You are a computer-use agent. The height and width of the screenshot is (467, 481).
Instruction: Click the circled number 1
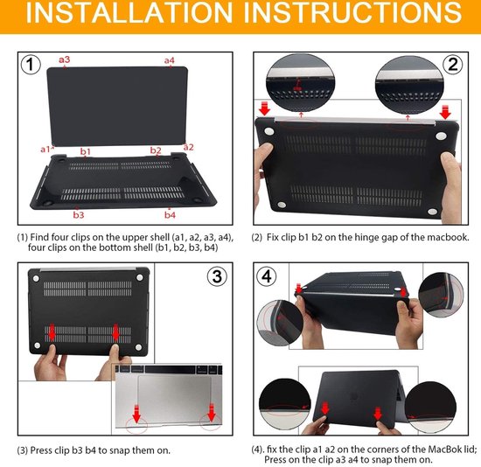[x=31, y=65]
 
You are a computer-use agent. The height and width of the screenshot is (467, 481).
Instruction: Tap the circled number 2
[x=453, y=65]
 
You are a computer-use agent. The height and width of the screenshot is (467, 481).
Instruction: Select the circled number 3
[x=217, y=276]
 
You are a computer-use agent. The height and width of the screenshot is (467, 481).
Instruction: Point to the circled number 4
[x=266, y=276]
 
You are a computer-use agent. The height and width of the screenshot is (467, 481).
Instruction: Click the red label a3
[x=65, y=59]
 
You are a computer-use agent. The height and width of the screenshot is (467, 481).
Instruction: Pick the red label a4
[x=170, y=60]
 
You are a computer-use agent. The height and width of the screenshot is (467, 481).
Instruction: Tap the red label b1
[x=86, y=151]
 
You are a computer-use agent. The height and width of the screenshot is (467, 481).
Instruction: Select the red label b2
[x=156, y=150]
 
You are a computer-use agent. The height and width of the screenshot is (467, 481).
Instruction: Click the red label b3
[x=79, y=214]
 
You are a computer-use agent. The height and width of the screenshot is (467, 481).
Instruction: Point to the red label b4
[x=170, y=214]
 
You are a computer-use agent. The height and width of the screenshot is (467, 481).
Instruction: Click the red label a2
[x=188, y=147]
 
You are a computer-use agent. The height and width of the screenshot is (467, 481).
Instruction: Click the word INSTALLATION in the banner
[x=129, y=12]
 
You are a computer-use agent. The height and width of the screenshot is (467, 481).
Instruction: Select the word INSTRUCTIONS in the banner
[x=352, y=12]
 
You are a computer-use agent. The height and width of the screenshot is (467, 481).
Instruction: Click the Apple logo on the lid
[x=353, y=397]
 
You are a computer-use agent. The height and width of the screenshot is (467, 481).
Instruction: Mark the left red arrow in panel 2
[x=264, y=108]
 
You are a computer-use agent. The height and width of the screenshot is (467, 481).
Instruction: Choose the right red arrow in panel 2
[x=445, y=112]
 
